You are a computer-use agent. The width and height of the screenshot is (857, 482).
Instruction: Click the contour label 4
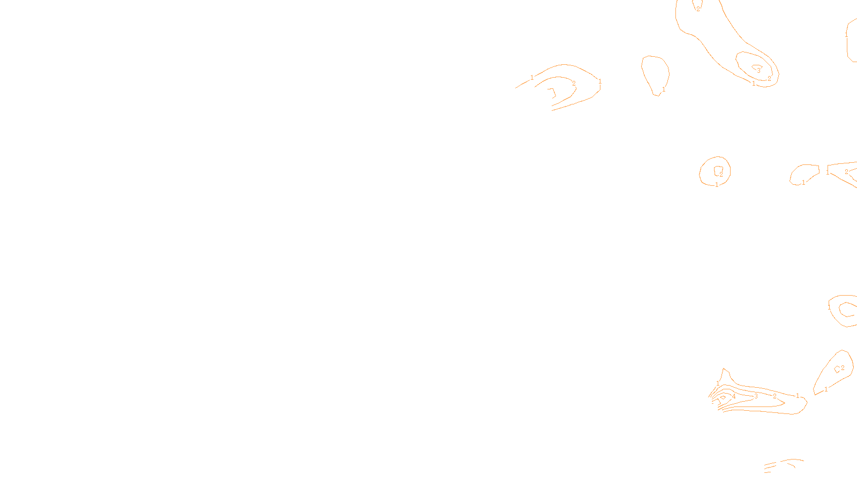click(734, 396)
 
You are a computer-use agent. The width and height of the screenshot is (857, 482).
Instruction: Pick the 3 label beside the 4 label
click(756, 396)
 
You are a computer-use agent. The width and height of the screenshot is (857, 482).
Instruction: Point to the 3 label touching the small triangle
click(758, 71)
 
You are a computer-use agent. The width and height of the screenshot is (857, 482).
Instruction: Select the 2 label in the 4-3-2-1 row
click(775, 396)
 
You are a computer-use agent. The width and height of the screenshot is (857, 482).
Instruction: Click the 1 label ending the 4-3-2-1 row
click(798, 396)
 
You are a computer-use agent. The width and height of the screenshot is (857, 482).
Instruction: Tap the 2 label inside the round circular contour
click(721, 175)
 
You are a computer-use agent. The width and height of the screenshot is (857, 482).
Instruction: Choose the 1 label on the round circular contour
click(717, 185)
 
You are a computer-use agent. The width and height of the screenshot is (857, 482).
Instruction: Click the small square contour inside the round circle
click(717, 170)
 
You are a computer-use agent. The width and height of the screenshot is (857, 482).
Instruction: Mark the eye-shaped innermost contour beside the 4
click(723, 398)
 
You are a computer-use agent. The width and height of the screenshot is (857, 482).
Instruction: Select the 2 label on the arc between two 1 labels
click(574, 84)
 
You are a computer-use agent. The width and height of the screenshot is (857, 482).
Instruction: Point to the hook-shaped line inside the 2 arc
click(552, 93)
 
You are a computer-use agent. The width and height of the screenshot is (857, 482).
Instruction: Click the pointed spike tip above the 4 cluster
click(724, 368)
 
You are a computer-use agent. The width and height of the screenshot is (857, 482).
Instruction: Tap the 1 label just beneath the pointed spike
click(718, 383)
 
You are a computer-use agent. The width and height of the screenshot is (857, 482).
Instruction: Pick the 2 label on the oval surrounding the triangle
click(769, 79)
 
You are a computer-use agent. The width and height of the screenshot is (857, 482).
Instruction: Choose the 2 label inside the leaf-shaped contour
click(843, 368)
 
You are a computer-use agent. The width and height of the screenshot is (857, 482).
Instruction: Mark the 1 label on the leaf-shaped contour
click(826, 389)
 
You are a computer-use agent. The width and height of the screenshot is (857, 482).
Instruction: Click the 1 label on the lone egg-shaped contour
click(664, 89)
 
